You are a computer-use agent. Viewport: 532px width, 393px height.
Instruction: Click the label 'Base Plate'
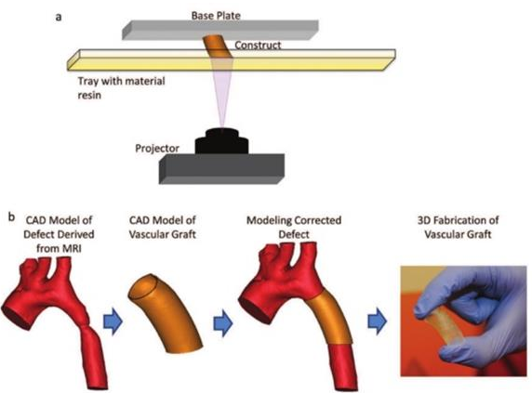(216, 16)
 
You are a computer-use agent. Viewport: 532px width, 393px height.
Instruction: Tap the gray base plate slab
(220, 30)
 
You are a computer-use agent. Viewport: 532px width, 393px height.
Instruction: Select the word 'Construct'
(258, 45)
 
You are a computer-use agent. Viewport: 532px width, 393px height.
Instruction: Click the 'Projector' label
(157, 149)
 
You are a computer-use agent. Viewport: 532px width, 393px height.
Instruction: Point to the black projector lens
(221, 141)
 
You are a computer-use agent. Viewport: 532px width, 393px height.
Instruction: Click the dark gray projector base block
(221, 169)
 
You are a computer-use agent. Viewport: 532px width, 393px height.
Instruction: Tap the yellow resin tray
(232, 60)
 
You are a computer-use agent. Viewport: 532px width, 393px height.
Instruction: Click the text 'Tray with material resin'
(121, 87)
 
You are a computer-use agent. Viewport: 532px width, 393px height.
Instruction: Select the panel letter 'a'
(59, 17)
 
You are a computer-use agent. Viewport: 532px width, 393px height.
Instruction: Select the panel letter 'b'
(11, 216)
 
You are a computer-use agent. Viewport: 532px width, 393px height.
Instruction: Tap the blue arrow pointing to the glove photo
(378, 321)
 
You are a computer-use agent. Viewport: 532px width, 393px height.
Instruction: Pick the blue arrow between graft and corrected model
(223, 323)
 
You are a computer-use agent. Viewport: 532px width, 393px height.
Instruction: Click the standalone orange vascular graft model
(166, 313)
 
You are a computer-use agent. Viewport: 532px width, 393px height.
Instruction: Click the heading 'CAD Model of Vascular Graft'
(163, 228)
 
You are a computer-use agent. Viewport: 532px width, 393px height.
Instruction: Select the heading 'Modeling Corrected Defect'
(294, 228)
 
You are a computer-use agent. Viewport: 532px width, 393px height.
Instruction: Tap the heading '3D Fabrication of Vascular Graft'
(458, 228)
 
